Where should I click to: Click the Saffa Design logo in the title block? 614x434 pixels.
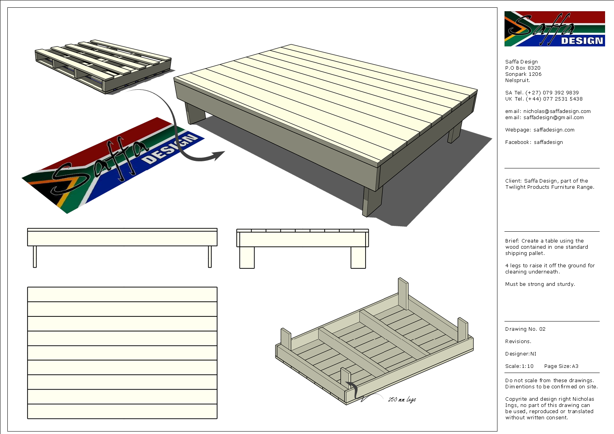(554, 29)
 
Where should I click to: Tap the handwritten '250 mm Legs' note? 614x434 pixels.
(402, 399)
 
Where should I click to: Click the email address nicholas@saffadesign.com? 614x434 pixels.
(557, 111)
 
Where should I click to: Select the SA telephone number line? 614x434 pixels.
(542, 93)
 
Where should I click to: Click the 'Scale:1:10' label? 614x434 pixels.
(519, 366)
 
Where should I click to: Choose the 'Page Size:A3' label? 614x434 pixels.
(561, 366)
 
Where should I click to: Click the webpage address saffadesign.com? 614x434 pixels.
(554, 130)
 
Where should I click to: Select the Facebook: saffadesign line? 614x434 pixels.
(534, 142)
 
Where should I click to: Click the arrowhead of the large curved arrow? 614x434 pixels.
(219, 155)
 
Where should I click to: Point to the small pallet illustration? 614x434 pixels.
(103, 66)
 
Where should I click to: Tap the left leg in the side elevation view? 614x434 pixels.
(35, 256)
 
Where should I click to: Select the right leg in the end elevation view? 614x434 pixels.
(358, 257)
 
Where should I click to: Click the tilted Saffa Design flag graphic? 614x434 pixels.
(112, 164)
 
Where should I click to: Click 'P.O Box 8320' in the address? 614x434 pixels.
(523, 68)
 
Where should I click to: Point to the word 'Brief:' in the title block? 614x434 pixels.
(512, 241)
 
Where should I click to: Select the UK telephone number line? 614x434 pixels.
(544, 99)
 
